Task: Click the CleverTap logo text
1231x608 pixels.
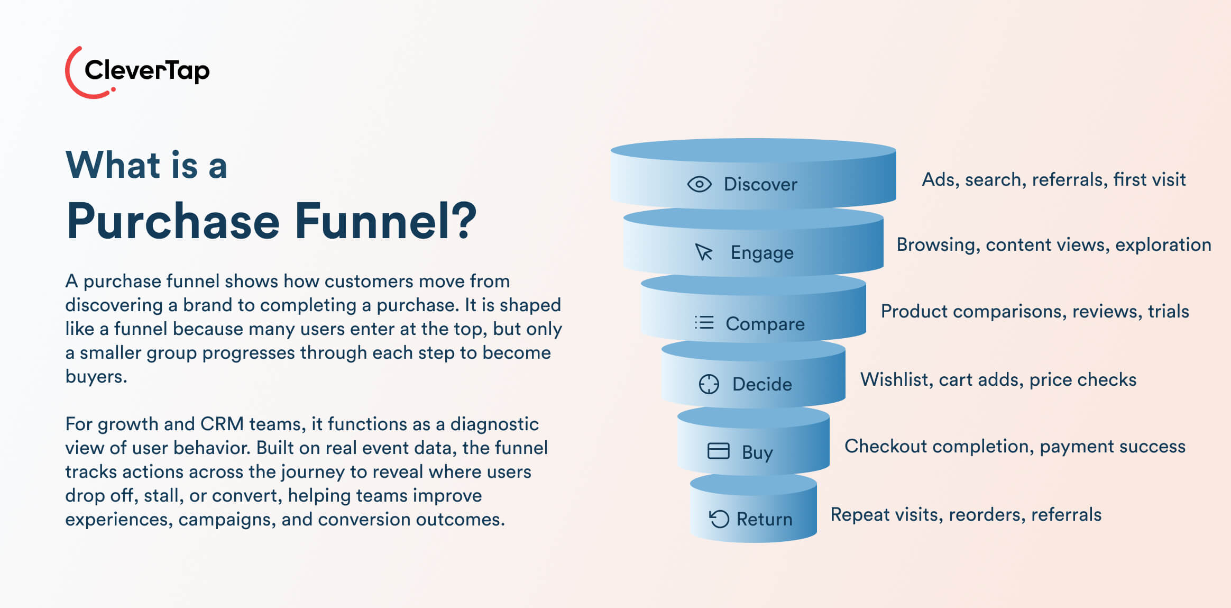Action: (x=146, y=70)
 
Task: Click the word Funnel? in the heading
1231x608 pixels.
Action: (x=385, y=221)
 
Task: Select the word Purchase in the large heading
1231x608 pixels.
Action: (x=173, y=221)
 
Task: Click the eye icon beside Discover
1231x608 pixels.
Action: (x=699, y=184)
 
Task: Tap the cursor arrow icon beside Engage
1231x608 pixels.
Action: (x=704, y=252)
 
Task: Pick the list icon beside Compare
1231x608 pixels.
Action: (x=704, y=322)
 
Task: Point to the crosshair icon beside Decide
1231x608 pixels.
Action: (x=709, y=384)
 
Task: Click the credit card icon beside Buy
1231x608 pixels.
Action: (x=718, y=451)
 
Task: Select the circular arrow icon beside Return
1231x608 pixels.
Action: (x=719, y=519)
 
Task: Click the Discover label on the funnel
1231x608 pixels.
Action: (x=760, y=184)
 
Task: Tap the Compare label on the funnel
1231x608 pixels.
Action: (x=765, y=323)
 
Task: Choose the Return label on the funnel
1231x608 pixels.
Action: (x=764, y=519)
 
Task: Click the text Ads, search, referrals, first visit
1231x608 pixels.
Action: (x=1053, y=180)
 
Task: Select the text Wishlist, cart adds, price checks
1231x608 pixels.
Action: (x=998, y=379)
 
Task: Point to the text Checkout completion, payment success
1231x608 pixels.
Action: (x=1015, y=447)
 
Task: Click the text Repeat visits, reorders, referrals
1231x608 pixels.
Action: (x=966, y=514)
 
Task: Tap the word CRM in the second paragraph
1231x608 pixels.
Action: (x=222, y=424)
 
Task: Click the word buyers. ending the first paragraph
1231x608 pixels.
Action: (x=96, y=377)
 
